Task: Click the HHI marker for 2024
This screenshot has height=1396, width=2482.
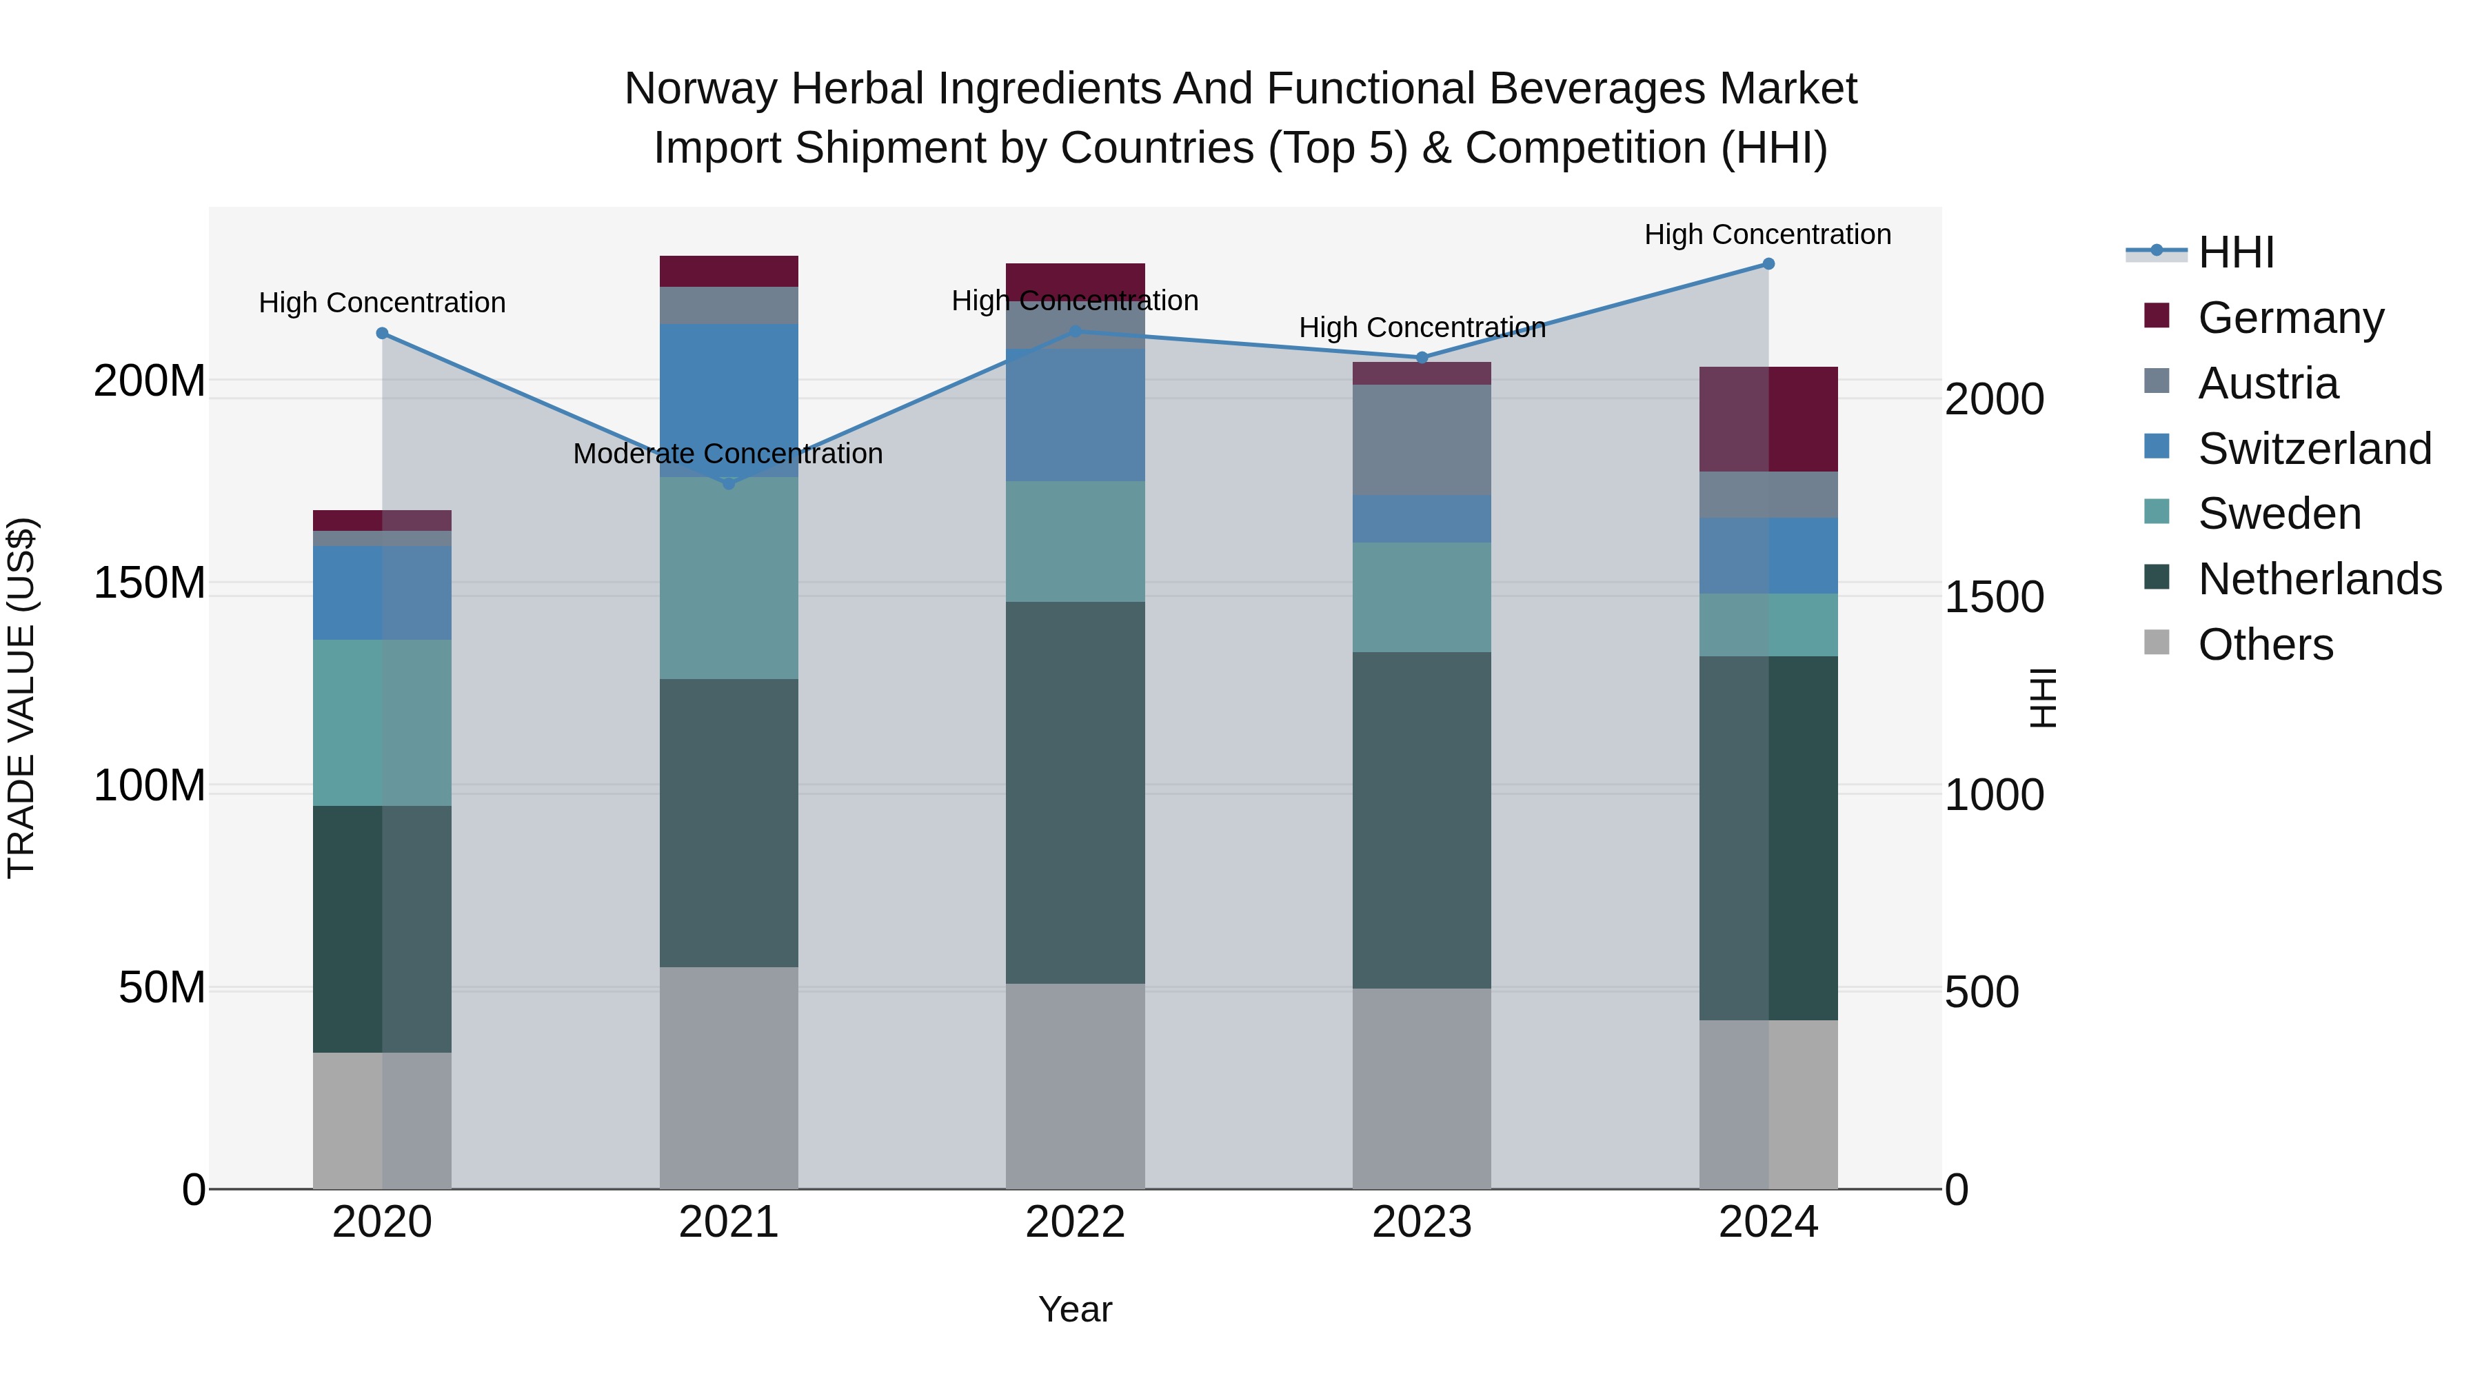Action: [1768, 263]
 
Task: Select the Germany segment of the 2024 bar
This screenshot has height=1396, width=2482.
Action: [1768, 419]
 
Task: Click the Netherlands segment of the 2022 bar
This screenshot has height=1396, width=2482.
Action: [1076, 792]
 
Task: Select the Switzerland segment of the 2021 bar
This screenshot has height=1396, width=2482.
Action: [729, 400]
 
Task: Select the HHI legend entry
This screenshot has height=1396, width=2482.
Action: [2235, 252]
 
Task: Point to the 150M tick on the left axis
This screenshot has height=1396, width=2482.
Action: [150, 583]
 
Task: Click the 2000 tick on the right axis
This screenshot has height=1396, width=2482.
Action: [1993, 399]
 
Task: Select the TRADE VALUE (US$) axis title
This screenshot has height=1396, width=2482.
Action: [21, 698]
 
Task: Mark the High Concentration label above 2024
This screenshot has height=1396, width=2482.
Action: [1767, 234]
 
